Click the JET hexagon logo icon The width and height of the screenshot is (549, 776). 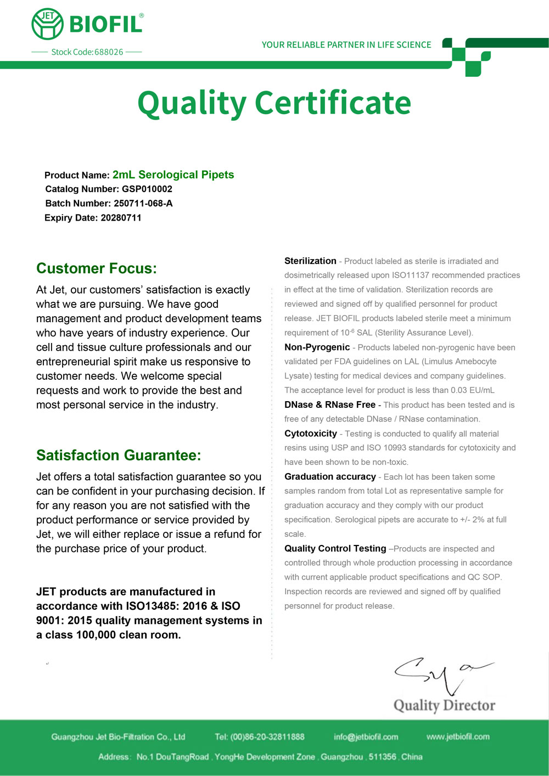[47, 24]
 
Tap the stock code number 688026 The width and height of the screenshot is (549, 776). [109, 52]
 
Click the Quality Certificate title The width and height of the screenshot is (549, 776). [274, 103]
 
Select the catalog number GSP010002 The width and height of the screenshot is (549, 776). [147, 189]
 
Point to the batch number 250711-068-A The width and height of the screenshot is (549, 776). [143, 204]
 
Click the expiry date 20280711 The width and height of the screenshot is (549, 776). [121, 218]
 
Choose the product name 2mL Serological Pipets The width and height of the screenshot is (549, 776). [173, 175]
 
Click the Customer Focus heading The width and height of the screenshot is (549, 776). [97, 268]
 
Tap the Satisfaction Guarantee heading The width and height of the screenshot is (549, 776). [119, 456]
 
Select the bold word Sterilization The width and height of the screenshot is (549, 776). [310, 261]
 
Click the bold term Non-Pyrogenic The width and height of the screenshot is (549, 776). [317, 347]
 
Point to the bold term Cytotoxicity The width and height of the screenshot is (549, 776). [311, 434]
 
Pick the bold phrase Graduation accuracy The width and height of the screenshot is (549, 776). [330, 477]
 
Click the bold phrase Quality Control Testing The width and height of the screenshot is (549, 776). [335, 549]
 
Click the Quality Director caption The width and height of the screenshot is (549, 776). [444, 706]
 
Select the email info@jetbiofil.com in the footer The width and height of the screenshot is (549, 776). [366, 737]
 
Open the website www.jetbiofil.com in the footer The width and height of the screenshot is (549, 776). [458, 737]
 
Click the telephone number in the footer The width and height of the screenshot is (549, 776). [267, 737]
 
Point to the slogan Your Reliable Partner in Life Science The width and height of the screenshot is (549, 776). [346, 45]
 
